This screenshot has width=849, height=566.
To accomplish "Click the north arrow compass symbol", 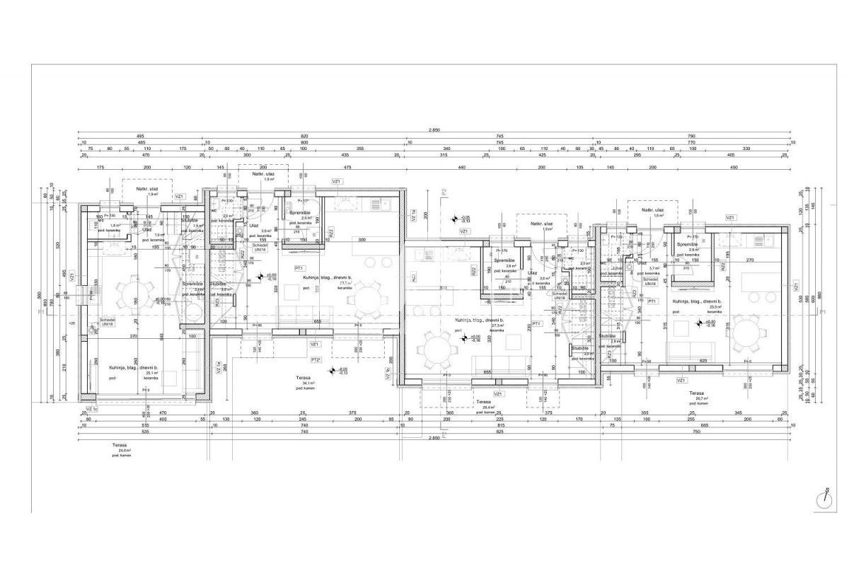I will click(825, 497).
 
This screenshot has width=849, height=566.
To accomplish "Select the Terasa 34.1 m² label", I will click(306, 383).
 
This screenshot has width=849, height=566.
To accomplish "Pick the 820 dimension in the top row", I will click(304, 135).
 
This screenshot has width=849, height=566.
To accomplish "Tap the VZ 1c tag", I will click(90, 409).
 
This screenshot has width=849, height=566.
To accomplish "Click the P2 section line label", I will click(444, 191).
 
